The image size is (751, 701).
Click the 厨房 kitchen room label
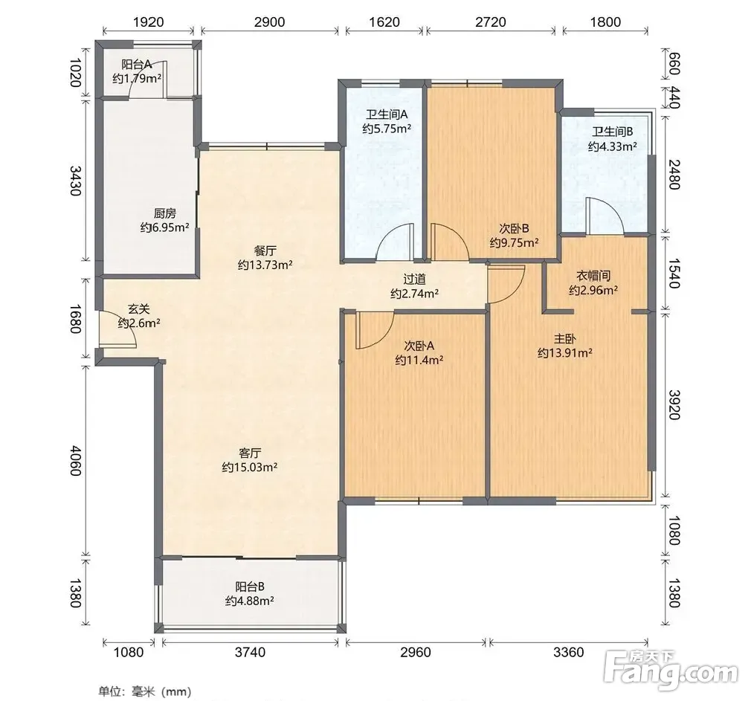click(165, 213)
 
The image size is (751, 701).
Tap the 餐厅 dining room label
click(265, 251)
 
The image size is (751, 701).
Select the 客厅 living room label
click(250, 453)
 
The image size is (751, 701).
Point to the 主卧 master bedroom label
click(564, 339)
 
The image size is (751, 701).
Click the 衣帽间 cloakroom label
click(593, 276)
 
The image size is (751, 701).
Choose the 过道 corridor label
click(414, 280)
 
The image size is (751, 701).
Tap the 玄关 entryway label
click(139, 308)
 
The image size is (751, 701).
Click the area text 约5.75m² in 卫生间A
click(387, 129)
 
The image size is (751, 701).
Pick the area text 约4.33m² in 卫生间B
click(613, 146)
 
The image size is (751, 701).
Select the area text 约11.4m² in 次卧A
click(419, 360)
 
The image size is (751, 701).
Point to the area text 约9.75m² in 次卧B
click(514, 243)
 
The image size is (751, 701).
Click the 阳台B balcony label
click(250, 587)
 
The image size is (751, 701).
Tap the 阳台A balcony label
click(137, 64)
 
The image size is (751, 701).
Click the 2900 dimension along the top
click(270, 22)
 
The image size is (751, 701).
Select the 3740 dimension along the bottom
click(250, 652)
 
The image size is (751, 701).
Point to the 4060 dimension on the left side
click(75, 461)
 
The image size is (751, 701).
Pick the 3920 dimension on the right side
click(674, 405)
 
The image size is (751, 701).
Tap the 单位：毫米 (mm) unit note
click(145, 691)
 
